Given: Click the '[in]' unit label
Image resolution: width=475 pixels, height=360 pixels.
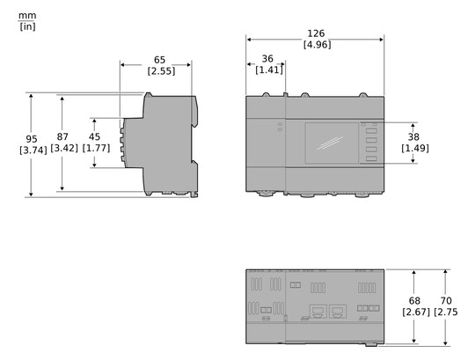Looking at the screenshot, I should tap(26, 26).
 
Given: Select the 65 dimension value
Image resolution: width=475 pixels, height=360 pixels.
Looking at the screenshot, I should tap(159, 60).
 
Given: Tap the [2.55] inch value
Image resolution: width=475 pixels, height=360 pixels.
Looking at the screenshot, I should tap(160, 71).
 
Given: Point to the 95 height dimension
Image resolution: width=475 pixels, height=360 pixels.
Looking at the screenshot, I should tap(32, 139).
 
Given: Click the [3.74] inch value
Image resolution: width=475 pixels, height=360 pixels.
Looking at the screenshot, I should tap(32, 151).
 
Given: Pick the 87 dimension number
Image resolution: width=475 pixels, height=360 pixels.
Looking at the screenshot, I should tap(62, 137).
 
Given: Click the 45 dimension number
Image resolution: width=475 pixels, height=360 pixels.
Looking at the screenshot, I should tap(95, 136).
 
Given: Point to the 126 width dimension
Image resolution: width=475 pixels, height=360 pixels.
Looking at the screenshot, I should tap(316, 33).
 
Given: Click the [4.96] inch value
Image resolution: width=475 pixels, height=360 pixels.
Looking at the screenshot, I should tap(317, 44).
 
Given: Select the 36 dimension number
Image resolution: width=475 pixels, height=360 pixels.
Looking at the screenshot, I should tap(267, 59).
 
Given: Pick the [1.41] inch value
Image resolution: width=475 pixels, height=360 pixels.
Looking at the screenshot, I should tap(268, 70).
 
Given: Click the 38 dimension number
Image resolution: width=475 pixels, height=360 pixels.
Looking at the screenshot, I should tap(414, 136).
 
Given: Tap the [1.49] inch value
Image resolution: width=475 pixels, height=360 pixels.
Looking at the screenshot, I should tap(414, 148).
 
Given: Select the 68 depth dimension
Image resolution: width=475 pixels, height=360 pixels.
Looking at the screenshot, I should tap(415, 300).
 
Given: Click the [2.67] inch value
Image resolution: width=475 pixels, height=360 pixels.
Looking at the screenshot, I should tap(415, 312).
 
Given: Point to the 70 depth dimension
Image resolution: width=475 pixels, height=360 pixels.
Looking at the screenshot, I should tap(446, 300).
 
